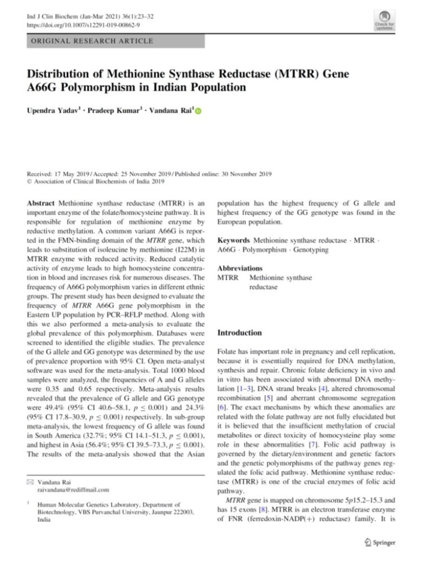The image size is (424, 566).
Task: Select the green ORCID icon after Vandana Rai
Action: click(199, 112)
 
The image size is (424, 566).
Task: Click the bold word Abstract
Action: click(41, 203)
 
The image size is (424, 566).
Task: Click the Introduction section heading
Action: click(240, 333)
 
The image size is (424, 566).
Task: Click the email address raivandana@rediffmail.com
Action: click(73, 490)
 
